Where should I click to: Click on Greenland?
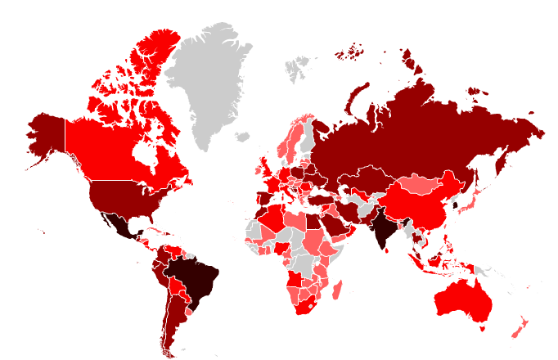click(209, 82)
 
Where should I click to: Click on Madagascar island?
click(337, 288)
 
